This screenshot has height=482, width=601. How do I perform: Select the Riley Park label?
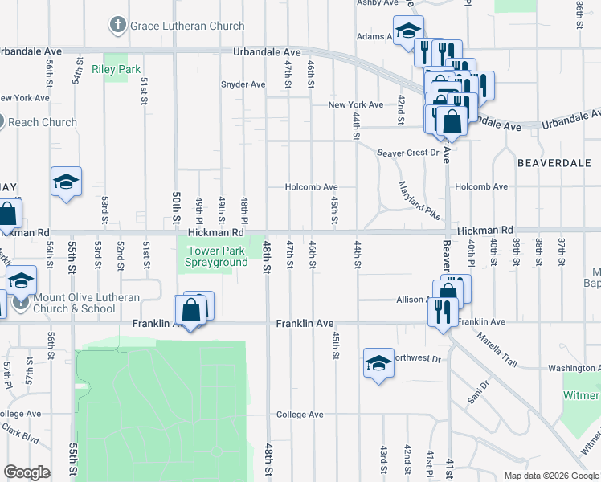pyautogui.click(x=117, y=70)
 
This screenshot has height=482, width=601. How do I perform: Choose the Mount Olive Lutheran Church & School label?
pyautogui.click(x=87, y=303)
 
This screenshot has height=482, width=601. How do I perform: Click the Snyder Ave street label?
pyautogui.click(x=243, y=84)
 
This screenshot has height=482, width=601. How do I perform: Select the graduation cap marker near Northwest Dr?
pyautogui.click(x=378, y=362)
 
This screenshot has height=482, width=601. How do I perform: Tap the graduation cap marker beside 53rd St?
pyautogui.click(x=66, y=182)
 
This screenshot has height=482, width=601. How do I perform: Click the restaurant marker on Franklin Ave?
pyautogui.click(x=441, y=311)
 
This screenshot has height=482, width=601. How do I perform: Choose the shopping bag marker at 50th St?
pyautogui.click(x=191, y=310)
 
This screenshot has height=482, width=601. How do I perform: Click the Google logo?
pyautogui.click(x=27, y=472)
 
